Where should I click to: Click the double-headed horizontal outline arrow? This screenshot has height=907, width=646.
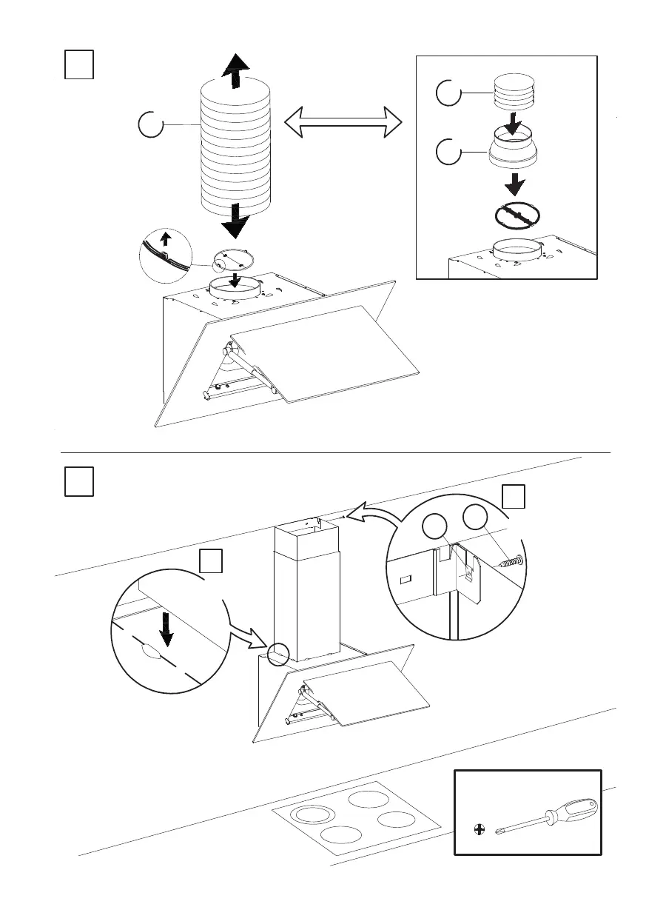point(342,121)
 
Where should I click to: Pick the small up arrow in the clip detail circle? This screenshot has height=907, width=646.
point(166,238)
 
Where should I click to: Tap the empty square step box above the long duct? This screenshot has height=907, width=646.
point(78,65)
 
